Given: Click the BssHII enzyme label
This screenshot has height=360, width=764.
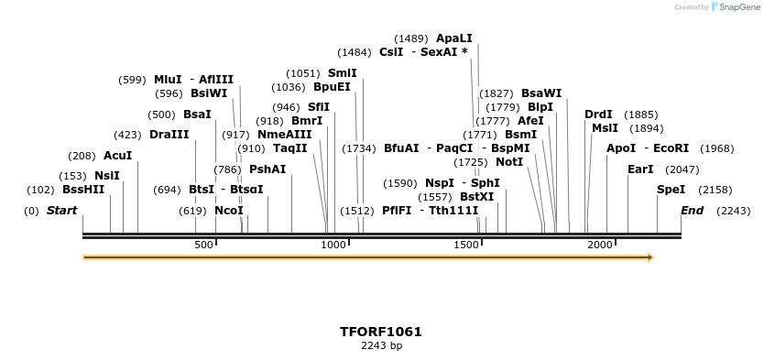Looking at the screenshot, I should click(83, 190).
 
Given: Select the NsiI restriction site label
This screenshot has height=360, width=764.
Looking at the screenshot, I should click(106, 176).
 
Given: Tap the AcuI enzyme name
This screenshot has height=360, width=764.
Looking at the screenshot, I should click(117, 156).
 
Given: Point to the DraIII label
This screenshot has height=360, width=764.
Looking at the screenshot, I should click(169, 135).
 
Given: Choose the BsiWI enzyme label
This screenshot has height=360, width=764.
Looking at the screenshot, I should click(209, 93).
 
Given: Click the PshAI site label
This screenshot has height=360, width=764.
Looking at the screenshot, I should click(267, 169).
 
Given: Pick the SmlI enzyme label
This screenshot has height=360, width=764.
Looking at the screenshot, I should click(342, 73).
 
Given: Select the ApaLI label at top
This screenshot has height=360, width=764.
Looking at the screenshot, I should click(454, 38).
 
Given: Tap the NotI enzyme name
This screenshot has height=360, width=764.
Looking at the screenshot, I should click(509, 162).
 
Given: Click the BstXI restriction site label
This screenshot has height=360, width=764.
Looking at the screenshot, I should click(476, 197).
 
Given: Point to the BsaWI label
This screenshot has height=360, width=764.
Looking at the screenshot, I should click(541, 93).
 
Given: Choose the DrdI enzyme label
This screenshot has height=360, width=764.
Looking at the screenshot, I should click(598, 115).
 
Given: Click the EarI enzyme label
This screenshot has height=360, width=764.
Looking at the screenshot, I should click(640, 169).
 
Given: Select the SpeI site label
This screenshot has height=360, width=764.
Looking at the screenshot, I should click(671, 190).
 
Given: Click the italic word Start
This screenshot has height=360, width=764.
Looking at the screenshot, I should click(61, 211).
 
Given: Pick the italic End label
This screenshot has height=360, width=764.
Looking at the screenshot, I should click(692, 211).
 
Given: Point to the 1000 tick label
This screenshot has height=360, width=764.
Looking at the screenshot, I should click(334, 245).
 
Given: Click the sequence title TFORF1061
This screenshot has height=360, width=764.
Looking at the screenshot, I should click(381, 332).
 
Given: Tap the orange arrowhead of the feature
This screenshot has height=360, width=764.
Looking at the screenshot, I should click(650, 257).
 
